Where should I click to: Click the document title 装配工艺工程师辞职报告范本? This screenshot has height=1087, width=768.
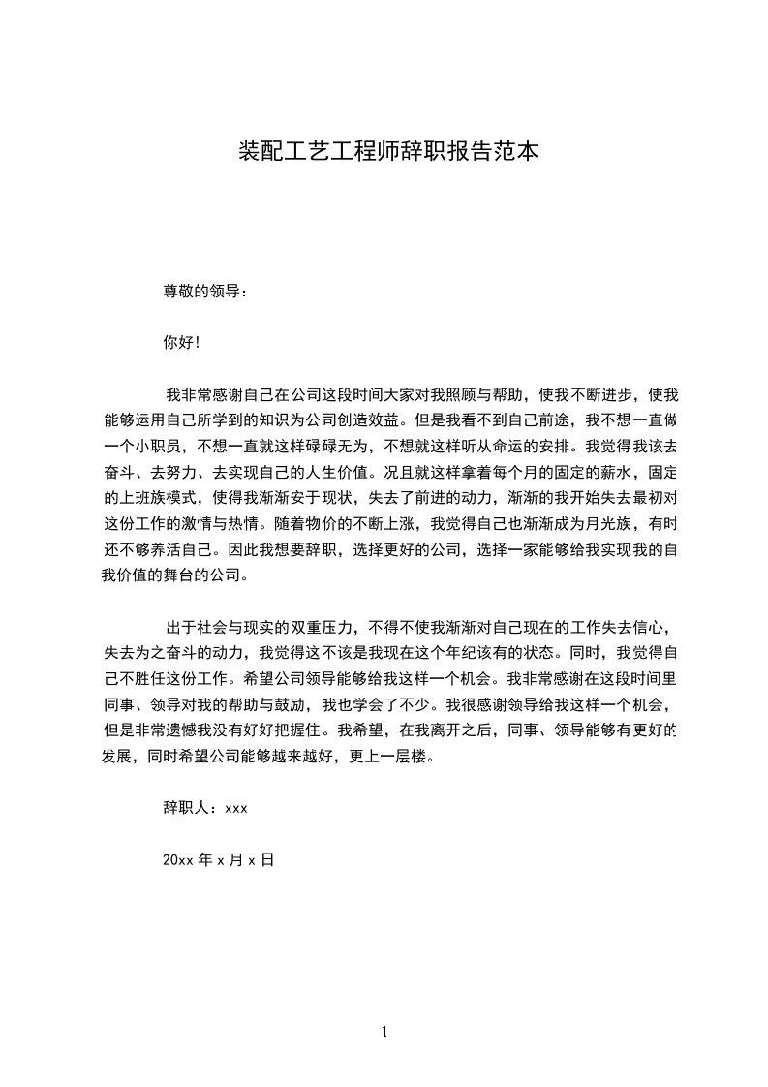coord(387,151)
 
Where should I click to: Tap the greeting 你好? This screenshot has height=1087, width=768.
coord(181,343)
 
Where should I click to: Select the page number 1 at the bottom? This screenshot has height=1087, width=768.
coord(384,1032)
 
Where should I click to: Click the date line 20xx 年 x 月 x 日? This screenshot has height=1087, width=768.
coord(219,859)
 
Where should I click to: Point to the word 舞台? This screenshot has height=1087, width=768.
coord(186,577)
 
